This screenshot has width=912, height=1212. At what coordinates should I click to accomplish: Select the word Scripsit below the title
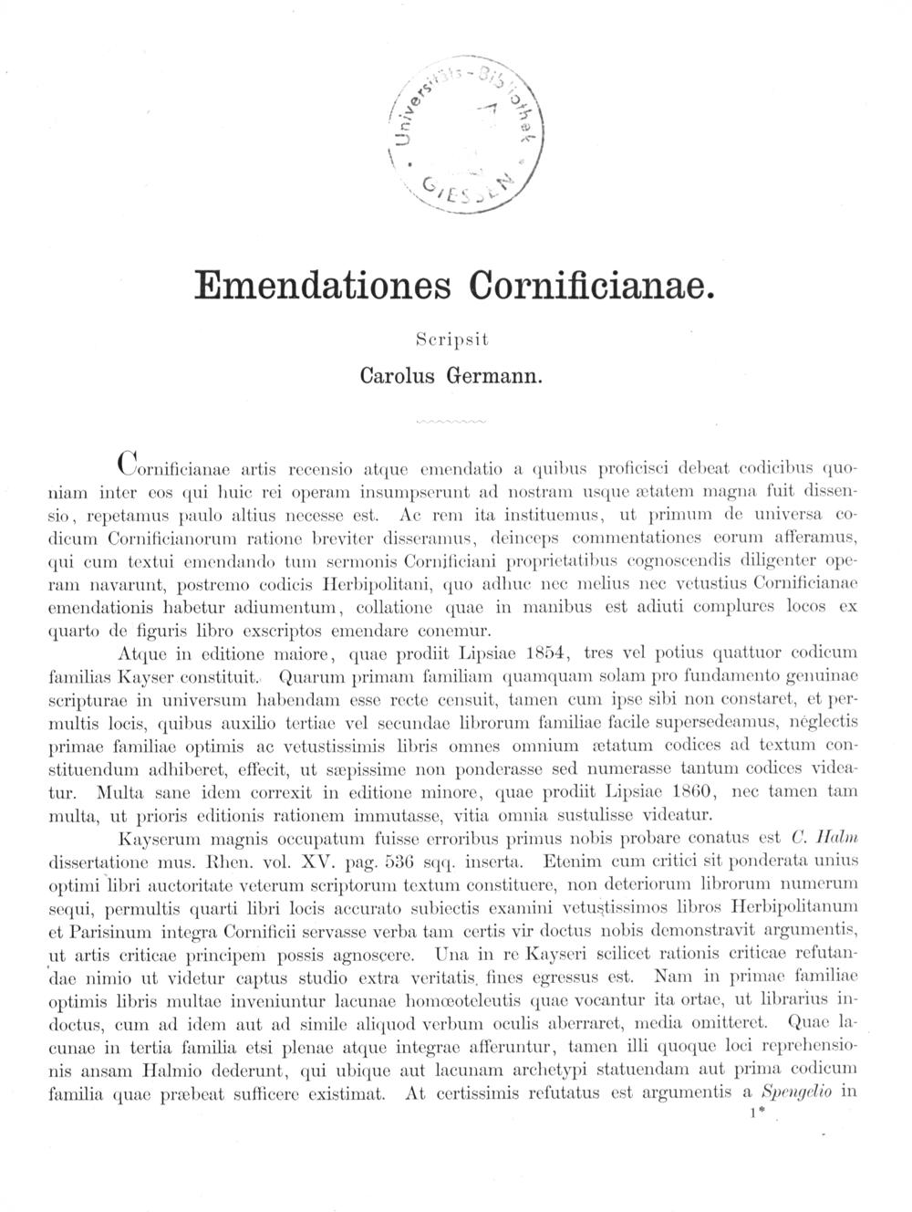point(452,339)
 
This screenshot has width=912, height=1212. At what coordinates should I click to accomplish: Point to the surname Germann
point(498,374)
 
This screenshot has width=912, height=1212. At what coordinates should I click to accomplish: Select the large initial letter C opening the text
point(130,464)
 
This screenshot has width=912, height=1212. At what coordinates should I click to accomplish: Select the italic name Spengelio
point(796,1092)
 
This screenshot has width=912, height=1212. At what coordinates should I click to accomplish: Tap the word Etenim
point(572,861)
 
